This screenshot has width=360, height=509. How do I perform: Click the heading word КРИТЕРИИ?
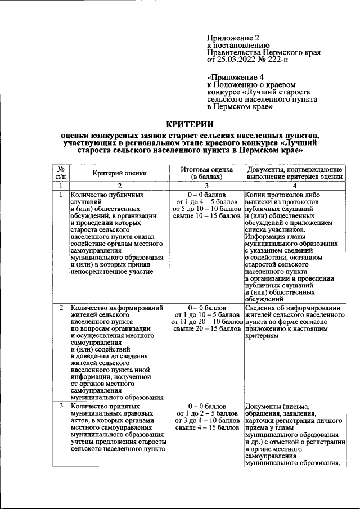click(190, 124)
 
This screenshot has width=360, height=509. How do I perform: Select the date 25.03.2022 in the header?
click(236, 59)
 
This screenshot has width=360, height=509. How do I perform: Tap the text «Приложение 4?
click(236, 76)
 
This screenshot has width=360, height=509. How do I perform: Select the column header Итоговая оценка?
click(206, 169)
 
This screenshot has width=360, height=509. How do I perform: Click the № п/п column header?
click(60, 173)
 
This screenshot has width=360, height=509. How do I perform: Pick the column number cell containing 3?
click(206, 186)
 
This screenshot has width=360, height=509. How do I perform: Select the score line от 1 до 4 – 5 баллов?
click(206, 201)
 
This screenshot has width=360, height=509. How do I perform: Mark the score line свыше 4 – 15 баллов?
click(206, 429)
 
